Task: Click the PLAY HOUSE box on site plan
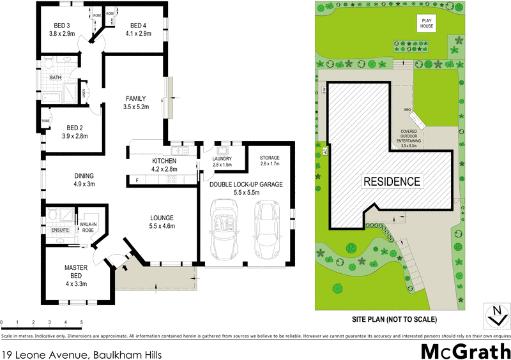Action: [x=427, y=24]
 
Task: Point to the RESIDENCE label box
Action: [x=392, y=181]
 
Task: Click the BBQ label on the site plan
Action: [x=407, y=110]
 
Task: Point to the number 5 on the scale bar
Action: [x=81, y=322]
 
